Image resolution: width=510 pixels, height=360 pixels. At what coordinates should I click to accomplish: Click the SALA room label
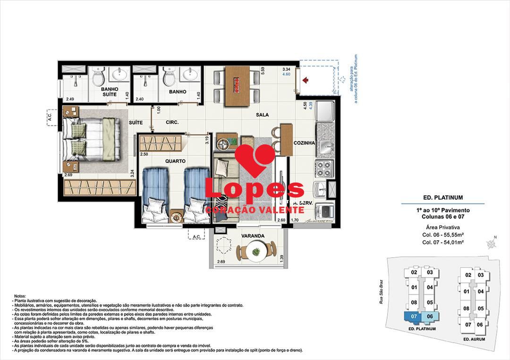tap(263, 115)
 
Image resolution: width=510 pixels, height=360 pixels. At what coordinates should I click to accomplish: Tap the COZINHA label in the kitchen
tap(304, 143)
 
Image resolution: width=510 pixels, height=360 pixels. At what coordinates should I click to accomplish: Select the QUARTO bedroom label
tap(175, 161)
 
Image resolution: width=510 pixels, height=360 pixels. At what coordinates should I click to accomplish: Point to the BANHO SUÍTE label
tap(110, 92)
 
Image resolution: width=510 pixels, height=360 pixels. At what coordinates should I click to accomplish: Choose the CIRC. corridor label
tap(171, 122)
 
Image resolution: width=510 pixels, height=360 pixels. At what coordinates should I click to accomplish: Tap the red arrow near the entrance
tap(306, 81)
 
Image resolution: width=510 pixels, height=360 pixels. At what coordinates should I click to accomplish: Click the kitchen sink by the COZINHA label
tap(325, 146)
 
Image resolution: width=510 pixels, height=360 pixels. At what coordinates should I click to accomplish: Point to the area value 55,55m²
tap(452, 234)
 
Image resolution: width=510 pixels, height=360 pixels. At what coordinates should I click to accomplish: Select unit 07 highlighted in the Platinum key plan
tap(414, 316)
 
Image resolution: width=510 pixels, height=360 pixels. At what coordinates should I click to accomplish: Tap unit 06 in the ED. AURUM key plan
tap(479, 325)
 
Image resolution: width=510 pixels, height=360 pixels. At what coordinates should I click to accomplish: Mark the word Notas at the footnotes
tap(21, 296)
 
